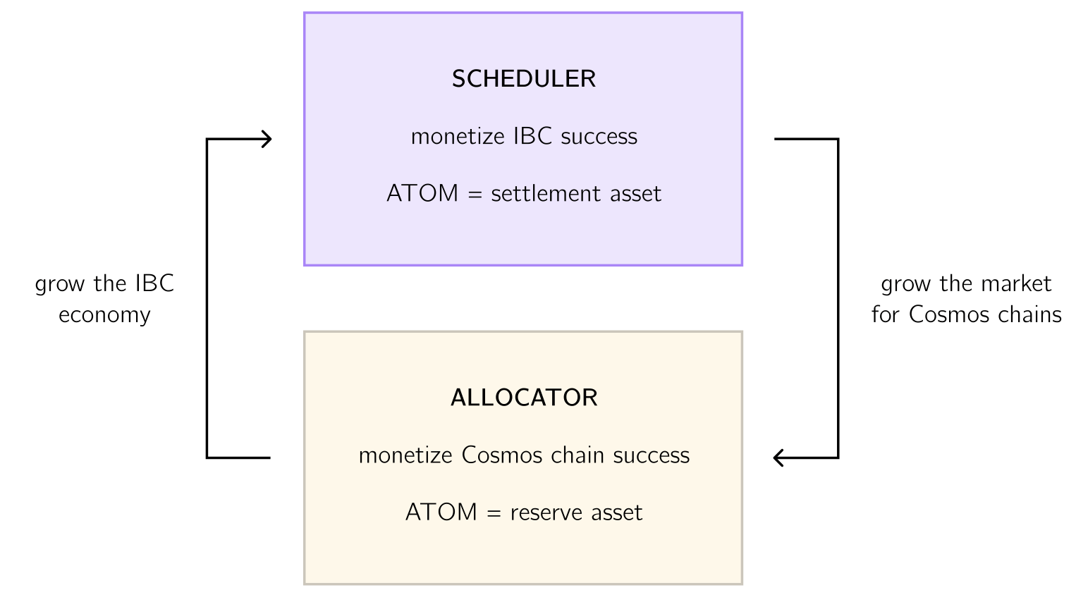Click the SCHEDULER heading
pos(524,79)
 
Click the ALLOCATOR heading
pos(524,398)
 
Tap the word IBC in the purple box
pos(532,136)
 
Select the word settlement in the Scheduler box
pos(537,193)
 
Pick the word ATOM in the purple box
pos(422,193)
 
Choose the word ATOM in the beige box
pos(441,512)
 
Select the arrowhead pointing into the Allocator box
pos(778,458)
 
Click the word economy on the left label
pos(104,315)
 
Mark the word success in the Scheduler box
pos(599,137)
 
